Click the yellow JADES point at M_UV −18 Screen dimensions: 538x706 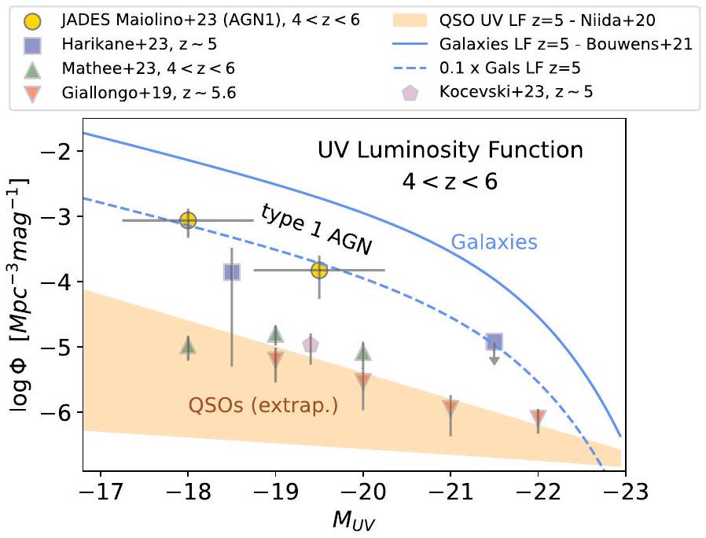pos(188,220)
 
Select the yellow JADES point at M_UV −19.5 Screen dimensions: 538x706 pos(319,270)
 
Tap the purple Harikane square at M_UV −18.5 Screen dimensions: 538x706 pos(232,272)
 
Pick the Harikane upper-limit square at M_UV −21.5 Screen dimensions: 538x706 pos(494,341)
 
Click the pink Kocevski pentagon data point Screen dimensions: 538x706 pos(311,345)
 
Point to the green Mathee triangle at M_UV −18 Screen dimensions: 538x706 pos(188,345)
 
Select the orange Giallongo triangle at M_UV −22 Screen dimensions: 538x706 pos(538,417)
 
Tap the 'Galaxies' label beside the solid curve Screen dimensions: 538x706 pos(494,243)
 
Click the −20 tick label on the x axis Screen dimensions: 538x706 pos(362,492)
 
